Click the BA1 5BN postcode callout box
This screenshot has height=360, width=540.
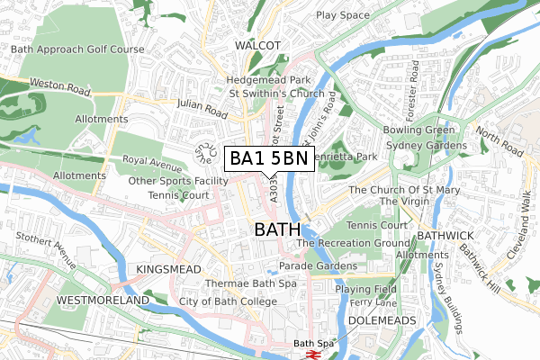pyautogui.click(x=268, y=159)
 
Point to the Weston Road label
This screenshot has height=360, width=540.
pyautogui.click(x=61, y=87)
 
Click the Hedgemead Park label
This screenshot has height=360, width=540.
pyautogui.click(x=268, y=79)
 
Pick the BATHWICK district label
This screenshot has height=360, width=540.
pyautogui.click(x=438, y=235)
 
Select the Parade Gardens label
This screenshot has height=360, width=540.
pyautogui.click(x=318, y=266)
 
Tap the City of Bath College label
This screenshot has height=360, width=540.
pyautogui.click(x=224, y=301)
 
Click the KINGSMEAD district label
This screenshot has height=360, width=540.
pyautogui.click(x=166, y=269)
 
